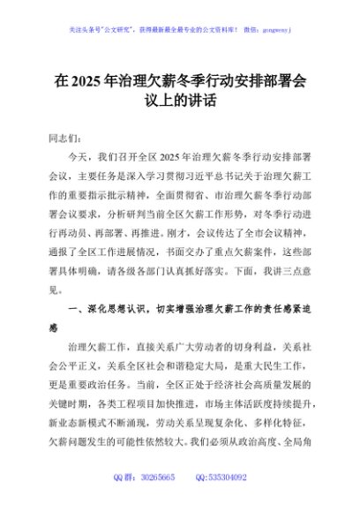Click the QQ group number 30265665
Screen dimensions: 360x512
pyautogui.click(x=159, y=476)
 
